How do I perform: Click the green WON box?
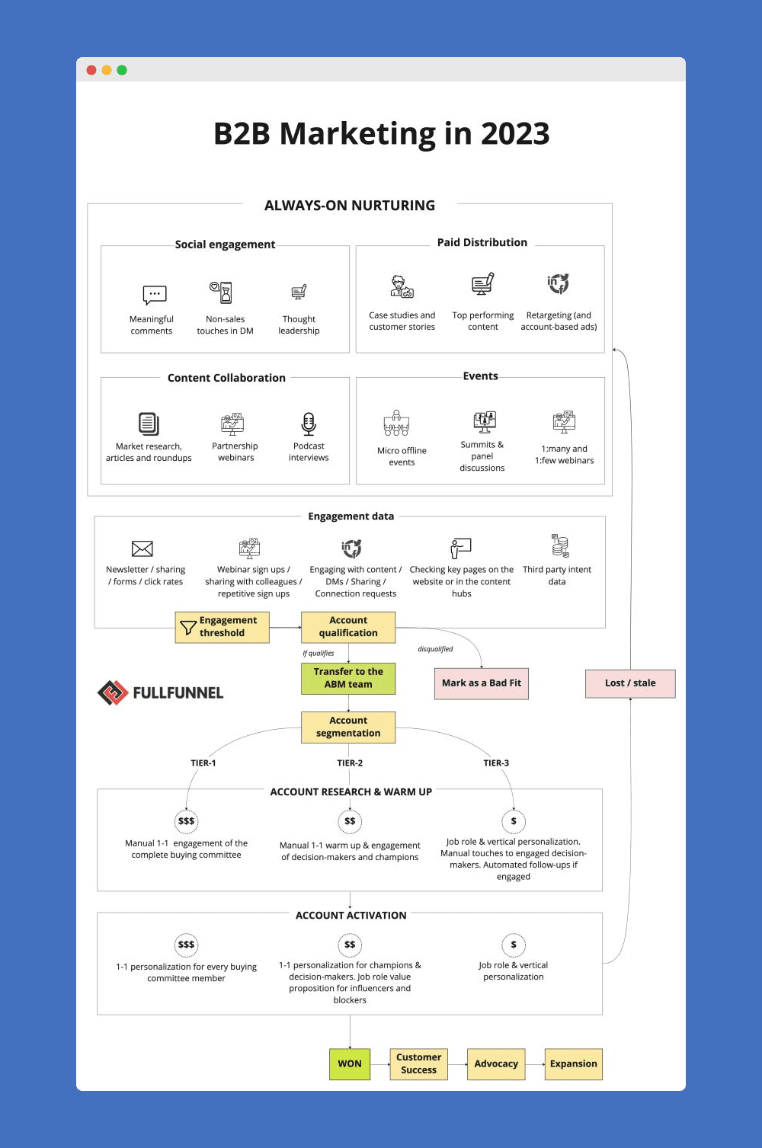tap(350, 1064)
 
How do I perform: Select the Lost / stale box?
tap(630, 683)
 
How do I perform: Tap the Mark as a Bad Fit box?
tap(482, 683)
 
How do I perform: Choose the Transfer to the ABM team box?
tap(348, 678)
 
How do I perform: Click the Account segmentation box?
tap(348, 727)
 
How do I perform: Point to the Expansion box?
tap(573, 1064)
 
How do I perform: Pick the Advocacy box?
tap(496, 1064)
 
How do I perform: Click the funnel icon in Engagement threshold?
tap(188, 627)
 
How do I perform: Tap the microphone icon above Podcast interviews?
tap(308, 424)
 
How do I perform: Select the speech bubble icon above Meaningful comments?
tap(155, 295)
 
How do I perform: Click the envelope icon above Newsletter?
tap(142, 548)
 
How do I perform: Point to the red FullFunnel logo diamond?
tap(113, 692)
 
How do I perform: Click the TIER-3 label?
tap(496, 763)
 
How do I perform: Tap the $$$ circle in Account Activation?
tap(186, 945)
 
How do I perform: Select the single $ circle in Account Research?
tap(514, 821)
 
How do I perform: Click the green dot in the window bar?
tap(122, 70)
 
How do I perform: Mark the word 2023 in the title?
tap(515, 133)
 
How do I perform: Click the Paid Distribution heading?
tap(482, 242)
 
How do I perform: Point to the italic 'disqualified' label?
tap(435, 649)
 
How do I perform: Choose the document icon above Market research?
tap(149, 424)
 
